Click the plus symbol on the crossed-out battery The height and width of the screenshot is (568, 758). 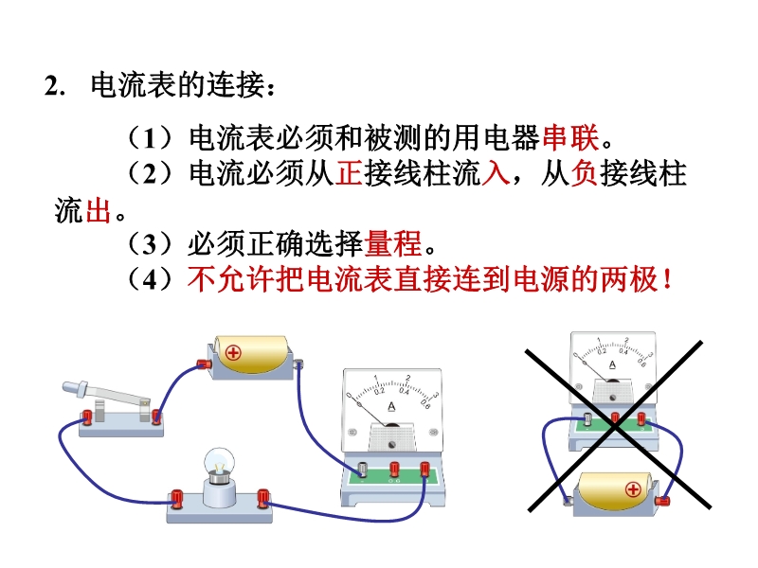[632, 490]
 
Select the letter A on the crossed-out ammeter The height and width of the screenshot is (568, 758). [612, 364]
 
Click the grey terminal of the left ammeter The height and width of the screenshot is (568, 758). [363, 469]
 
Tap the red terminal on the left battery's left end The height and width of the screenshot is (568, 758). [201, 363]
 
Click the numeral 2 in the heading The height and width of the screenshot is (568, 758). [49, 86]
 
